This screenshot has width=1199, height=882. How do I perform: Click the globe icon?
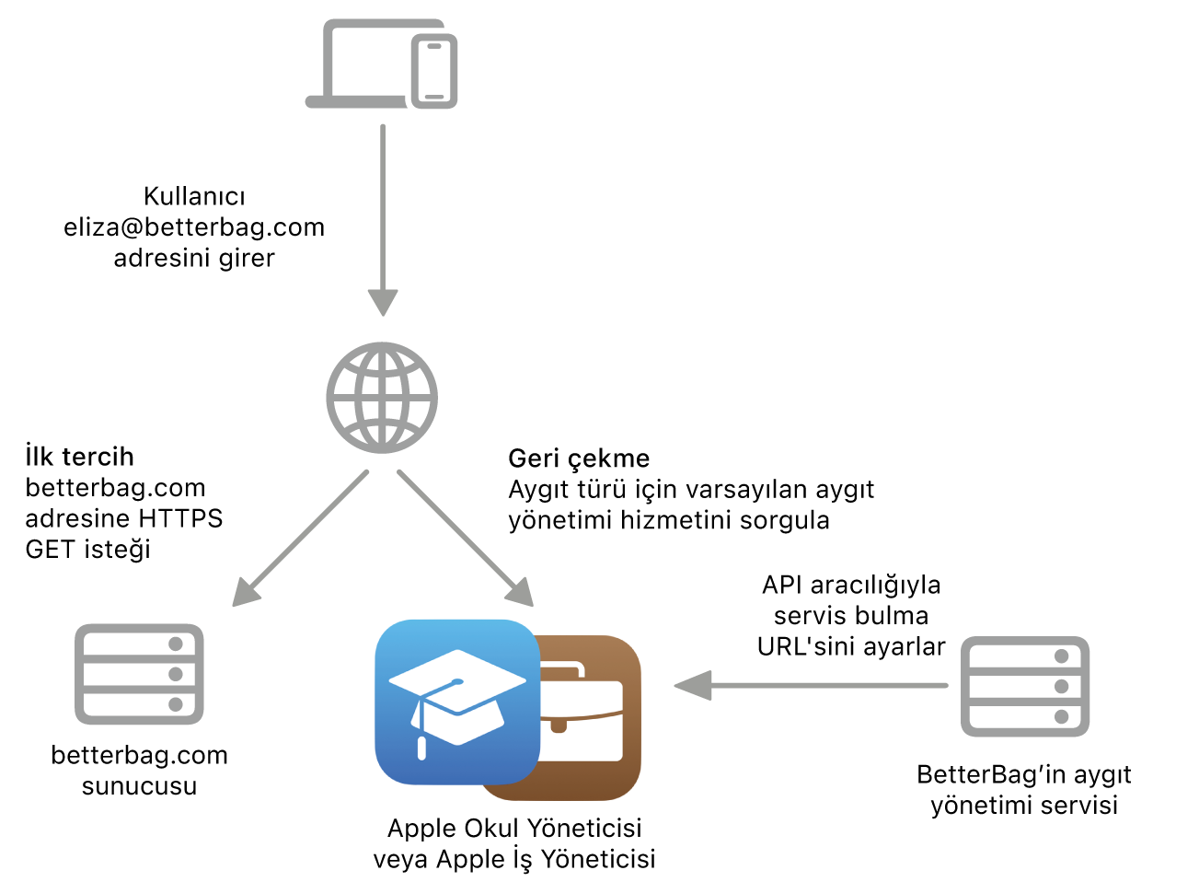[x=382, y=398]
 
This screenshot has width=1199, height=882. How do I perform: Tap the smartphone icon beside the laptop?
[x=434, y=71]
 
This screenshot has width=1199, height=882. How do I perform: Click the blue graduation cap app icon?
[x=457, y=702]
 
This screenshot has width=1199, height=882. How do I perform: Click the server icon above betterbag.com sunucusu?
[x=139, y=674]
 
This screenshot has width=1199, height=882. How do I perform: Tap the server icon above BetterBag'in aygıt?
[x=1025, y=687]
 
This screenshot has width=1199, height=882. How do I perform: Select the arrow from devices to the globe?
[x=383, y=221]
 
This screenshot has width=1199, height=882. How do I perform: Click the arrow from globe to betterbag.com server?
[x=300, y=539]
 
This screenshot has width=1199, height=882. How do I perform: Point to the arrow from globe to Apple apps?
[x=466, y=539]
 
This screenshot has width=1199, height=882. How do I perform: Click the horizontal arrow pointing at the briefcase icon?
[x=811, y=686]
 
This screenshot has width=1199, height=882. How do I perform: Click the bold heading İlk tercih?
[x=79, y=457]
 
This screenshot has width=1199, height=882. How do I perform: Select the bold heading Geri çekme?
[x=579, y=458]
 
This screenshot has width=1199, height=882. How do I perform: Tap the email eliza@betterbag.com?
[x=194, y=227]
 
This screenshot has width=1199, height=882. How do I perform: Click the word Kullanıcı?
[x=194, y=196]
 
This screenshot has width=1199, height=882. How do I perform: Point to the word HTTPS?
[x=180, y=518]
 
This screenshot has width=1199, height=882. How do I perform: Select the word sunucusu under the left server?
[x=139, y=786]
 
